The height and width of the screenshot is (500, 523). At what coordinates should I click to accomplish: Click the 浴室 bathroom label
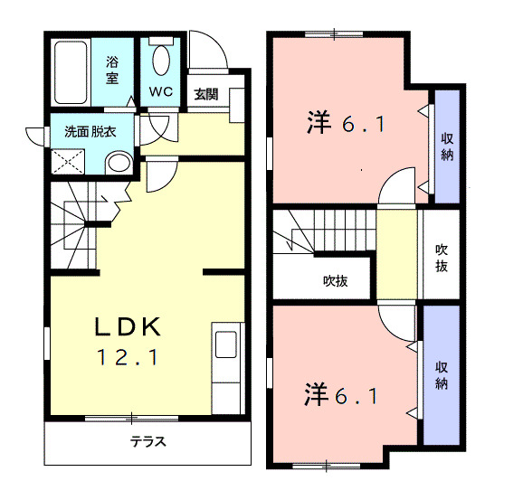point(112,70)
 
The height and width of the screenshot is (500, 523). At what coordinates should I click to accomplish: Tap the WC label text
point(161,91)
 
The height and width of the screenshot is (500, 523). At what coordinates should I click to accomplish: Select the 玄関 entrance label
point(205,93)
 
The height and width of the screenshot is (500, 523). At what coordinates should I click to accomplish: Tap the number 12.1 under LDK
point(128,358)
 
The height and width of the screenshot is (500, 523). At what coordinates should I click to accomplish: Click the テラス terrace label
point(147,443)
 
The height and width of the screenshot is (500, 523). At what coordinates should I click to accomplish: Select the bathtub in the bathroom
point(71,71)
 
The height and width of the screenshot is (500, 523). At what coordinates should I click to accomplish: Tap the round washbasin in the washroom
point(118,163)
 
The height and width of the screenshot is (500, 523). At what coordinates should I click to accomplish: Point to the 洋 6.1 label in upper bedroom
point(346,123)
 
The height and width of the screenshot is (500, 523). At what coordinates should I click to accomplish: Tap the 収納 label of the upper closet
point(447,147)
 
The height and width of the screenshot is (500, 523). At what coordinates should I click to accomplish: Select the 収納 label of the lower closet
point(442,376)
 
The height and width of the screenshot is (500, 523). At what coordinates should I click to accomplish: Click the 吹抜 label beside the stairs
point(336,280)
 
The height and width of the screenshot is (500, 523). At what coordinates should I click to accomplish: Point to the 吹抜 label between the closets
point(442,258)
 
